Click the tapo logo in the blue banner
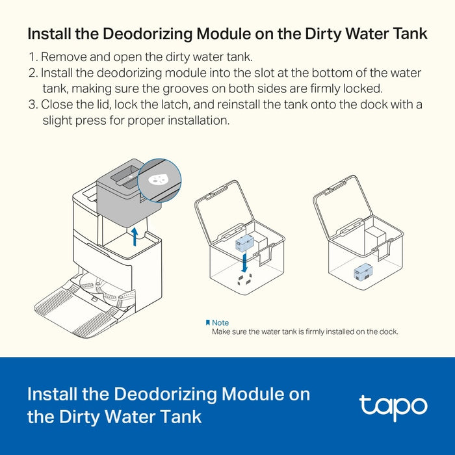coord(393,407)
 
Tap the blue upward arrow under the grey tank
coord(135,237)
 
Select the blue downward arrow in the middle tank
coord(244,263)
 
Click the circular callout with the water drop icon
coord(159,180)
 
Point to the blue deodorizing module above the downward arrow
coord(244,243)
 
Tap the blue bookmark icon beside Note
coord(208,322)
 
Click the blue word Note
coord(220,322)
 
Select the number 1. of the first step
coord(33,57)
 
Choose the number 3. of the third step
coord(33,105)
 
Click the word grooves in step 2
coord(185,89)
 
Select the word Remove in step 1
coord(64,57)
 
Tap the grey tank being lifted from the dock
coord(129,193)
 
